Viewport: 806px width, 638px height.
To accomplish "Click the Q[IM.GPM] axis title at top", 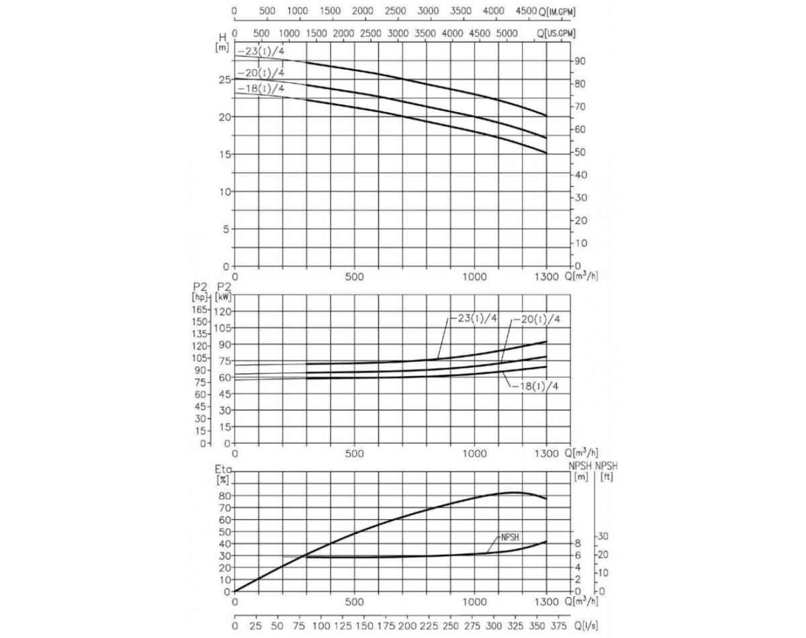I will tap(559, 12).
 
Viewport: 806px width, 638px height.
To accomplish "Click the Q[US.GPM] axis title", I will tap(557, 34).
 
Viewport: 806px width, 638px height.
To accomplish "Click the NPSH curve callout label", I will tap(511, 537).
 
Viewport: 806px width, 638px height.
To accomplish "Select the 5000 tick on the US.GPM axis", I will tap(507, 34).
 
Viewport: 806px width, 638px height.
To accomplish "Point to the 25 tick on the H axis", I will tap(224, 79).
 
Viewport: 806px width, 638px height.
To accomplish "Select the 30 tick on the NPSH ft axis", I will tap(604, 537).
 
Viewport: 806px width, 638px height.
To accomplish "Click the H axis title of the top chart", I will tap(222, 38).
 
